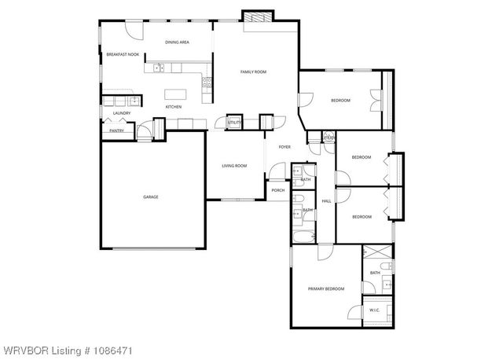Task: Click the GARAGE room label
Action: point(150,197)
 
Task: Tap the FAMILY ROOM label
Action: point(253,72)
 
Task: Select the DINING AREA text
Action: point(177,42)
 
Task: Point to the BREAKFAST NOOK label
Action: point(123,54)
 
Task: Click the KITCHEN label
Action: point(173,106)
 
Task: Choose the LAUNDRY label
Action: point(121,113)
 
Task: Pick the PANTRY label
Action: point(116,130)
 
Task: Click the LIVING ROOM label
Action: point(234,165)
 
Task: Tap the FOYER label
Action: point(284,146)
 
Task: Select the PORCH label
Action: point(278,189)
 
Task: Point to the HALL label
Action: point(325,201)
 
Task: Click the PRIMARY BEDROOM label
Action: point(326,289)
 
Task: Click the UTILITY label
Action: point(233,123)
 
